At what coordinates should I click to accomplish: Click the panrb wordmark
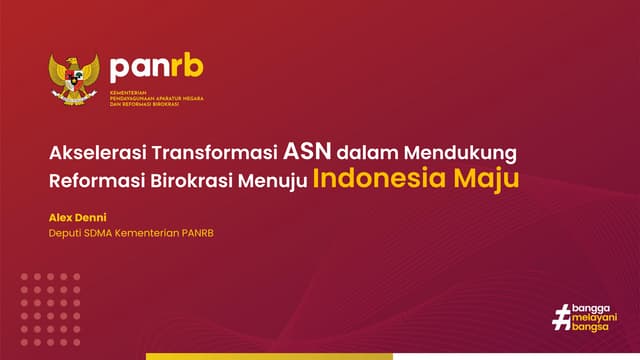coord(157,67)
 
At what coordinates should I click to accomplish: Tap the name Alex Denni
coord(76,217)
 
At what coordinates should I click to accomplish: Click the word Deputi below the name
coord(66,234)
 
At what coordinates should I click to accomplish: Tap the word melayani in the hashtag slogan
coord(594,316)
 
